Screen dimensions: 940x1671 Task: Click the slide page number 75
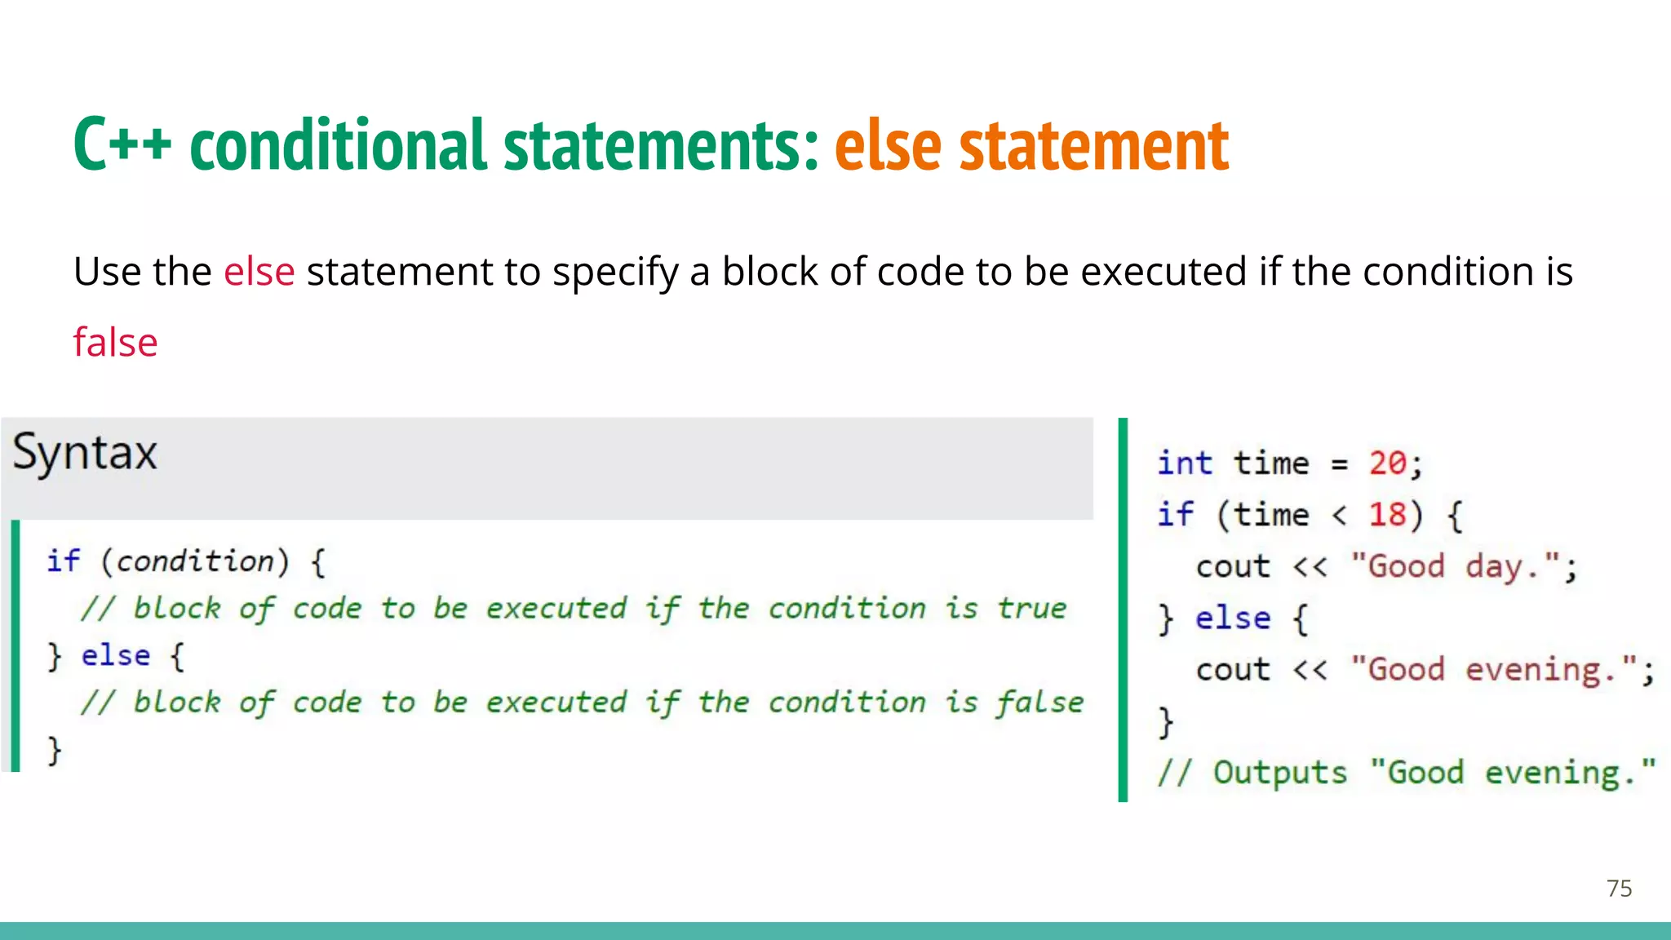pos(1619,888)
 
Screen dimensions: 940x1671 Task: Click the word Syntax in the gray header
pos(85,454)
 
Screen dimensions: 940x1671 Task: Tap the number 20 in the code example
pos(1387,463)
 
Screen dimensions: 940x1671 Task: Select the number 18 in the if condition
pos(1387,515)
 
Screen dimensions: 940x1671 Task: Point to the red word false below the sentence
pos(115,342)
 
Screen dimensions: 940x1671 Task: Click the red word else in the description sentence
pos(259,271)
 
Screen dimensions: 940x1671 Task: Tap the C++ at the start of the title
pos(122,145)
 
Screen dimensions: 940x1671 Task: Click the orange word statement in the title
pos(1093,145)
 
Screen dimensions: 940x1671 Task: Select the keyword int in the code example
pos(1185,463)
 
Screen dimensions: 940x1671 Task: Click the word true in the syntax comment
pos(1031,609)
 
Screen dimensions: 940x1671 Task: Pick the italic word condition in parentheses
pos(195,561)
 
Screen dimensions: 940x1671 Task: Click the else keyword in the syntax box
pos(116,656)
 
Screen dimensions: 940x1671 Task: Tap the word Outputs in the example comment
pos(1279,773)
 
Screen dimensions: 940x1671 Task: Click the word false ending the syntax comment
pos(1039,703)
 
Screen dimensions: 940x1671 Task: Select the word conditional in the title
pos(338,145)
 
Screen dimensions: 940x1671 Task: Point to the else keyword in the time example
pos(1232,619)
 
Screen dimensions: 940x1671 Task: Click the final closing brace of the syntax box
pos(55,750)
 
